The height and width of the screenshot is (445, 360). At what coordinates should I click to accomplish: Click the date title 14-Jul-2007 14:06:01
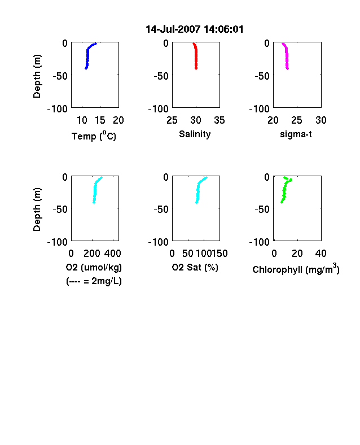(x=195, y=29)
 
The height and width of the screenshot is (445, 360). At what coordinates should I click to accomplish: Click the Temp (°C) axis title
(x=94, y=136)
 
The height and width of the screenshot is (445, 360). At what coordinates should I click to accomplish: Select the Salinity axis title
(x=195, y=134)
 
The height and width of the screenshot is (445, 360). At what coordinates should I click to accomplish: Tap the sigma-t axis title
(x=296, y=134)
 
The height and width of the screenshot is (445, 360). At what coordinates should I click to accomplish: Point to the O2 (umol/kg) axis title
(x=94, y=267)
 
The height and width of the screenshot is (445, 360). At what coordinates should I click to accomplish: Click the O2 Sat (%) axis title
(x=195, y=267)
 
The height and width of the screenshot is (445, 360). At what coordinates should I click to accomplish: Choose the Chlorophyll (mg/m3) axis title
(x=296, y=268)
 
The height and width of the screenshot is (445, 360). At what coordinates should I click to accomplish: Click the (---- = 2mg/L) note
(x=94, y=281)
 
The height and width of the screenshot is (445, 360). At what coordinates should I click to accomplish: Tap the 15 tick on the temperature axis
(x=100, y=120)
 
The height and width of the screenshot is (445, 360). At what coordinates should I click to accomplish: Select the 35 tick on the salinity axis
(x=219, y=120)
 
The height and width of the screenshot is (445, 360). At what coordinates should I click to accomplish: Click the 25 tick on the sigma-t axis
(x=297, y=120)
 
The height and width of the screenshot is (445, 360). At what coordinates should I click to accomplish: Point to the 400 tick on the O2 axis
(x=112, y=254)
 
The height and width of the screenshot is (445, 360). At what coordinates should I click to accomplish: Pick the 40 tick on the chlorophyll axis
(x=321, y=254)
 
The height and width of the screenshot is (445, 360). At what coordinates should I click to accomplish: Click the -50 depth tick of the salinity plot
(x=161, y=76)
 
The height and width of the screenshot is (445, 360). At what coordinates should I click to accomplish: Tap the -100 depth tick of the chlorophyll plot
(x=260, y=242)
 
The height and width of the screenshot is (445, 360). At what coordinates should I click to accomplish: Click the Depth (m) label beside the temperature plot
(x=37, y=76)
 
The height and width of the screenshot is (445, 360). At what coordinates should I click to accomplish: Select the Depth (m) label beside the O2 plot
(x=37, y=210)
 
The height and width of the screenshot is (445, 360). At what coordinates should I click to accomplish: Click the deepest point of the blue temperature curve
(x=86, y=68)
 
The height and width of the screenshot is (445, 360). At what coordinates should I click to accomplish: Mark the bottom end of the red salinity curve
(x=196, y=68)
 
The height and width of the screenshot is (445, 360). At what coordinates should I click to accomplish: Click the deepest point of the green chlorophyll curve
(x=282, y=202)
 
